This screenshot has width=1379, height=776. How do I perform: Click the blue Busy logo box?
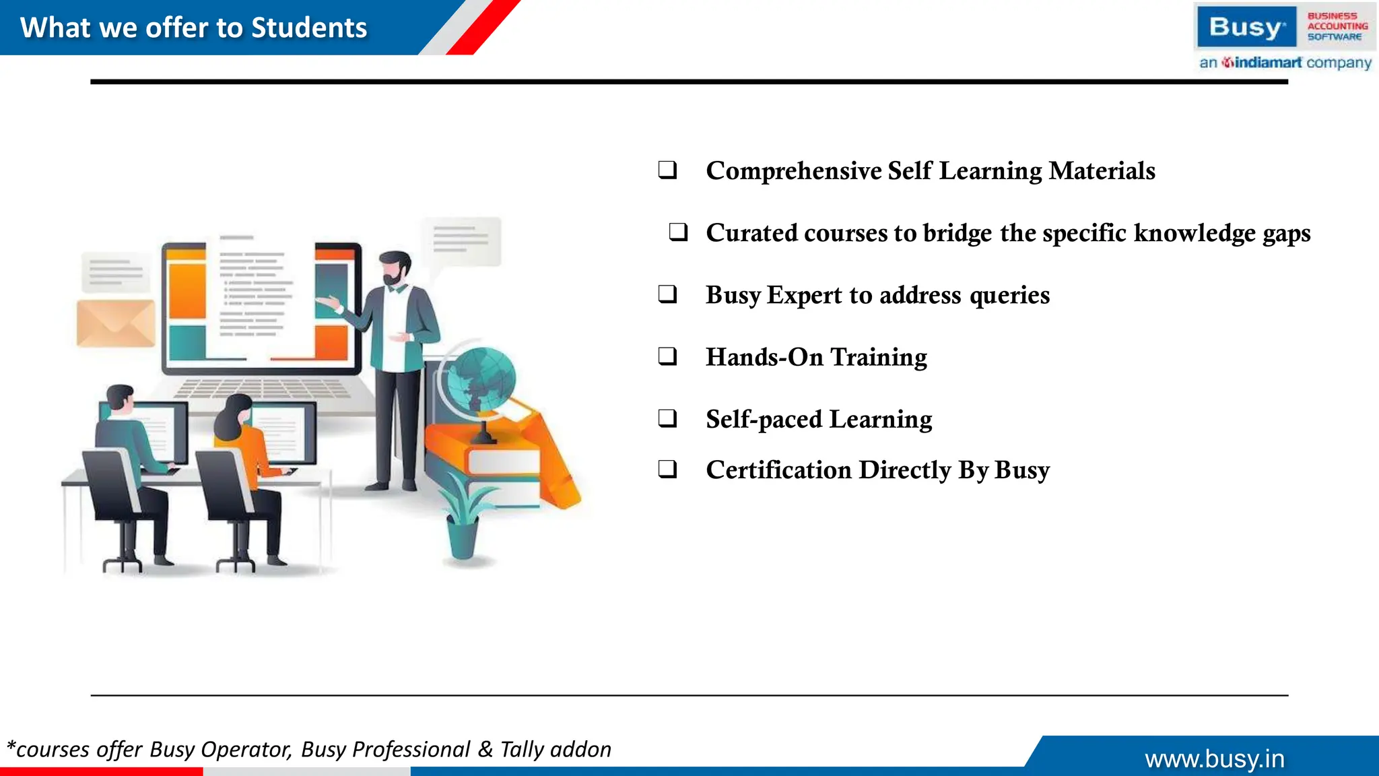click(1246, 27)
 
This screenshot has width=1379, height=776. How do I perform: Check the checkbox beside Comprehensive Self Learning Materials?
click(667, 170)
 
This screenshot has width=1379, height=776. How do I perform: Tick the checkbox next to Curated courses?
click(678, 232)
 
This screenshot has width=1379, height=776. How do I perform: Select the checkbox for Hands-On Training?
click(667, 356)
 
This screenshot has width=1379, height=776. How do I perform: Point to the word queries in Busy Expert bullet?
click(1009, 295)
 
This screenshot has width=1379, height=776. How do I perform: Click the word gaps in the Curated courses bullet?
click(1286, 233)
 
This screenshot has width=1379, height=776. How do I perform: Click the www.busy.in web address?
click(1215, 759)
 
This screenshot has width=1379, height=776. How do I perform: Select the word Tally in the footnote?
click(521, 749)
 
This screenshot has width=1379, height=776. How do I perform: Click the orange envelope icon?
click(116, 323)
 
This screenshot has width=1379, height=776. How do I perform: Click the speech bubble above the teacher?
click(461, 240)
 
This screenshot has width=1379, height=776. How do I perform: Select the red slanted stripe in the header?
click(483, 27)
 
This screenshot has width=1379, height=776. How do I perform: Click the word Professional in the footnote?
click(411, 749)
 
